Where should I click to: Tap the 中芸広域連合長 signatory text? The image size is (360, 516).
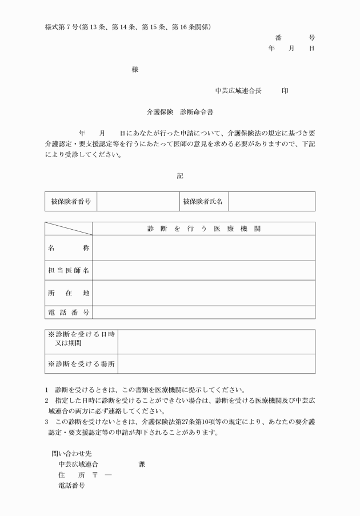coord(238,90)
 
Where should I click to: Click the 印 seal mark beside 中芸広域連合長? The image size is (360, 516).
coord(285,90)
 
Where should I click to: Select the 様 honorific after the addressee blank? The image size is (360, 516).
coord(135,70)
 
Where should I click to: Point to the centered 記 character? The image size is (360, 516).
coord(180,176)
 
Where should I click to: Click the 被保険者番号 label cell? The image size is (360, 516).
coord(71,201)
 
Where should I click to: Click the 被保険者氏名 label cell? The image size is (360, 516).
coord(203,201)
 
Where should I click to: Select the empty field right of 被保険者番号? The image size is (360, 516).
coord(137,201)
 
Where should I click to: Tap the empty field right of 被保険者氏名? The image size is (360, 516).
coord(271,201)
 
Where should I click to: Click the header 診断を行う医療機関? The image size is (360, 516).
coord(203,229)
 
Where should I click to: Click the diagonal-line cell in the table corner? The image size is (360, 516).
coord(69,229)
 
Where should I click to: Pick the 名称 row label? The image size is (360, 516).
coord(69,248)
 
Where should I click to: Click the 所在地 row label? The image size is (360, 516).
coord(69,293)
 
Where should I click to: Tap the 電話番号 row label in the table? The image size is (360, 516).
coord(69,312)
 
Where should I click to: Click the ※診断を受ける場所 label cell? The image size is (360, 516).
coord(81,363)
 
